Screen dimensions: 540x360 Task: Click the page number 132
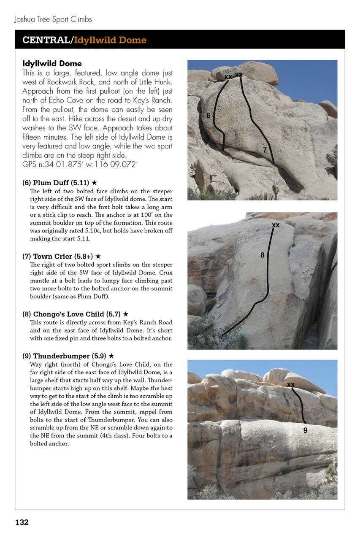click(x=22, y=522)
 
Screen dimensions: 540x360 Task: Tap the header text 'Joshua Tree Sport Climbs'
click(x=53, y=19)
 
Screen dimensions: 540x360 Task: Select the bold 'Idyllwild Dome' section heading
click(x=52, y=64)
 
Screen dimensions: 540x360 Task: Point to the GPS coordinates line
click(x=79, y=165)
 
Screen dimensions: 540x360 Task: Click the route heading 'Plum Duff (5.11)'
click(x=56, y=183)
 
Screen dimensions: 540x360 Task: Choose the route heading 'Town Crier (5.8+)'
click(x=58, y=256)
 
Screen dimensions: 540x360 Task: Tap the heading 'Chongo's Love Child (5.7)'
click(x=71, y=314)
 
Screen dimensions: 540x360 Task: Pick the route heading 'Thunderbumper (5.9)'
click(x=65, y=356)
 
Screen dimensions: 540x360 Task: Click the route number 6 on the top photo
click(x=208, y=116)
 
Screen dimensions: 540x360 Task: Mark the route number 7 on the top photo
click(x=265, y=150)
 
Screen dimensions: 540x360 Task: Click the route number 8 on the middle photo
click(x=262, y=255)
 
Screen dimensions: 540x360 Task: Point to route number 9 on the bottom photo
click(x=305, y=431)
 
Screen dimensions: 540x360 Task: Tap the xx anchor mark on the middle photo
click(x=276, y=225)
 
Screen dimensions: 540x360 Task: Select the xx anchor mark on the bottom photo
click(x=290, y=384)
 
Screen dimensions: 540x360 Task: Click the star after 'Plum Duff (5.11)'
click(x=95, y=183)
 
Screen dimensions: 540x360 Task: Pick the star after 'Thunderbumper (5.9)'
click(x=111, y=356)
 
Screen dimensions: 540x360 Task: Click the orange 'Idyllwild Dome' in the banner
click(x=110, y=40)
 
